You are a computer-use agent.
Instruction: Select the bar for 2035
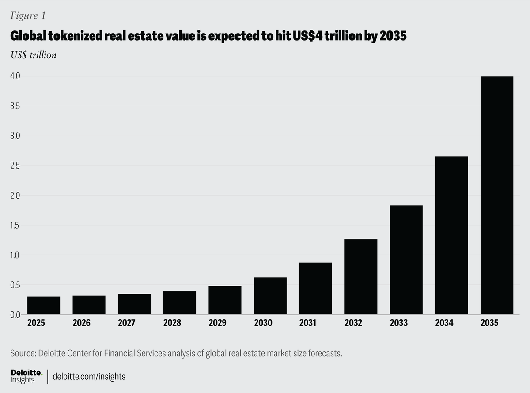[x=497, y=195]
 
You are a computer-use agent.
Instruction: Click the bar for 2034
[x=451, y=235]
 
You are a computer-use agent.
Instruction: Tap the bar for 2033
[x=406, y=260]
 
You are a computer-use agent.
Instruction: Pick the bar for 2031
[x=315, y=288]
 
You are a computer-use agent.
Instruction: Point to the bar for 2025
[x=44, y=305]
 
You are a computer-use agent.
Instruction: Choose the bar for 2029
[x=225, y=300]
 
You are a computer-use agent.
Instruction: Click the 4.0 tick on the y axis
[x=16, y=76]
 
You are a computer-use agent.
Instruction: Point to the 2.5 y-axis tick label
[x=16, y=166]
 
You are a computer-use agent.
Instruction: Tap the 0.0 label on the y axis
[x=16, y=314]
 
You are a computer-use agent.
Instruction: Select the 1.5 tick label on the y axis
[x=16, y=225]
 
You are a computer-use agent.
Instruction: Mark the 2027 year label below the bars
[x=127, y=323]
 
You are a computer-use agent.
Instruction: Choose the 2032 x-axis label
[x=353, y=323]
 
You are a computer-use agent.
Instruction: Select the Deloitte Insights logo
[x=26, y=376]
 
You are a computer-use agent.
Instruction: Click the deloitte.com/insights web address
[x=89, y=376]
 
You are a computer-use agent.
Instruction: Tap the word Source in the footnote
[x=22, y=354]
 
